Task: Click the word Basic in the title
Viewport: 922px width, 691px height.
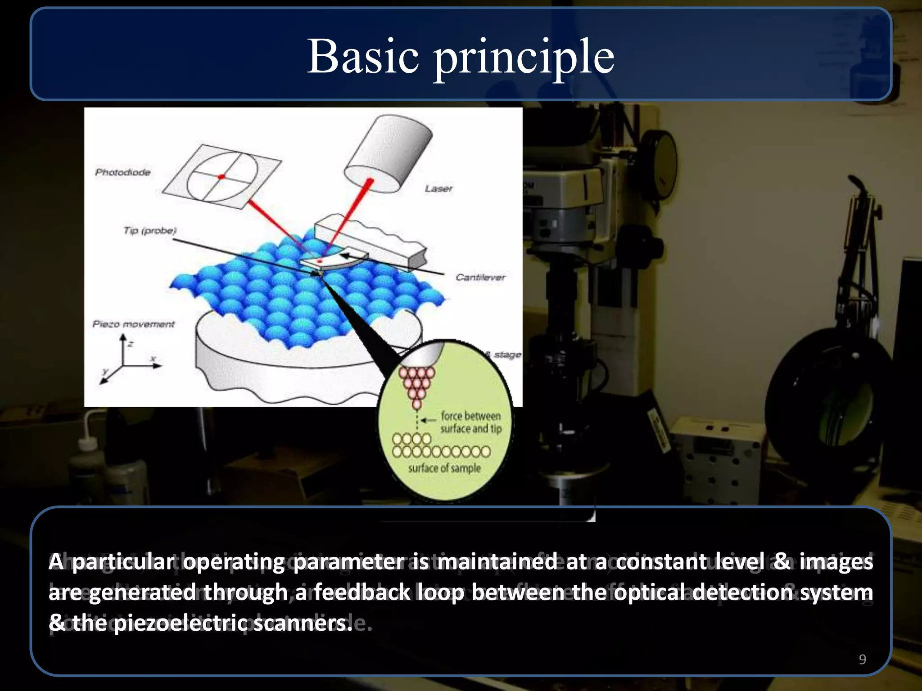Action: pyautogui.click(x=363, y=57)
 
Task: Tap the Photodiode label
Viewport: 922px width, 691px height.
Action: pyautogui.click(x=122, y=172)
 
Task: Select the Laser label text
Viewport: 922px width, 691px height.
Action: pyautogui.click(x=438, y=188)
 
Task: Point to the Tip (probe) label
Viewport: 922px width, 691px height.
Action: pyautogui.click(x=150, y=231)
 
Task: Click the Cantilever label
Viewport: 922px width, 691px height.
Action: pyautogui.click(x=480, y=277)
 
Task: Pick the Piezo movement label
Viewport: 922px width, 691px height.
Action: pyautogui.click(x=133, y=324)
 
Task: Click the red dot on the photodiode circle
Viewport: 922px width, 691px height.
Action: pyautogui.click(x=221, y=177)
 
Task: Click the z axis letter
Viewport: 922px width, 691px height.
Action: pyautogui.click(x=131, y=344)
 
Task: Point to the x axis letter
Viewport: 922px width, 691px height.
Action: pyautogui.click(x=154, y=359)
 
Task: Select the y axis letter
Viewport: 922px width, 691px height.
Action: pyautogui.click(x=105, y=371)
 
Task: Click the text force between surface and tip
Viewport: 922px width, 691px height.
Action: pyautogui.click(x=470, y=422)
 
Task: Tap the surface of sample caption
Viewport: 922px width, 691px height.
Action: pyautogui.click(x=444, y=468)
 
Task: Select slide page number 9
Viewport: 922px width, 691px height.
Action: pyautogui.click(x=862, y=659)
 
